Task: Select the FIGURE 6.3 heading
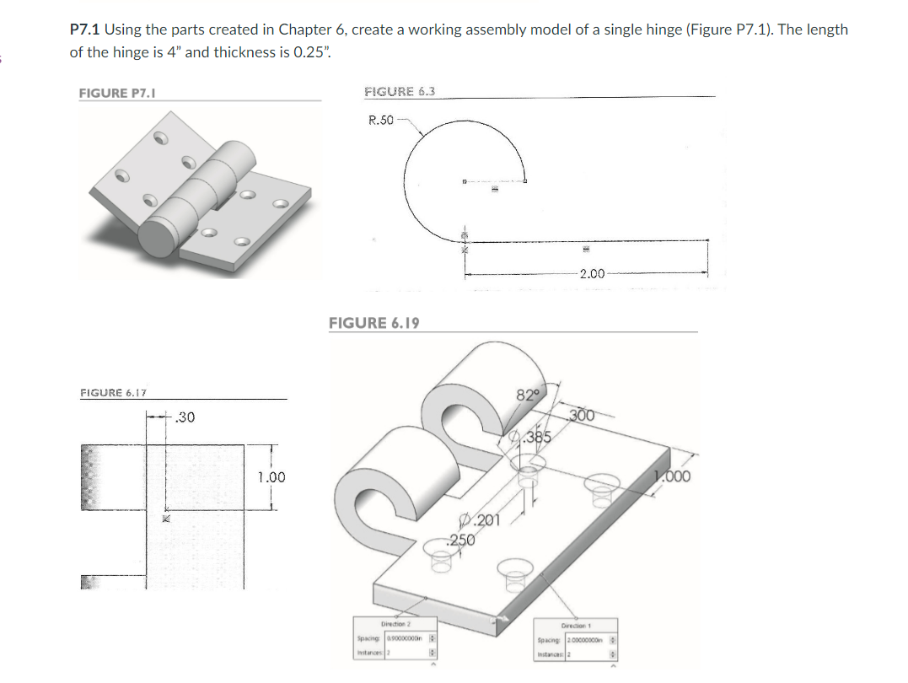click(399, 91)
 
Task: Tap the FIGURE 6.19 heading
click(373, 323)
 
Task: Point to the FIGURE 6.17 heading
click(113, 392)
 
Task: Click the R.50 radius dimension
click(381, 120)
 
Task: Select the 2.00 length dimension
click(592, 273)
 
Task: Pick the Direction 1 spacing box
click(580, 642)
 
